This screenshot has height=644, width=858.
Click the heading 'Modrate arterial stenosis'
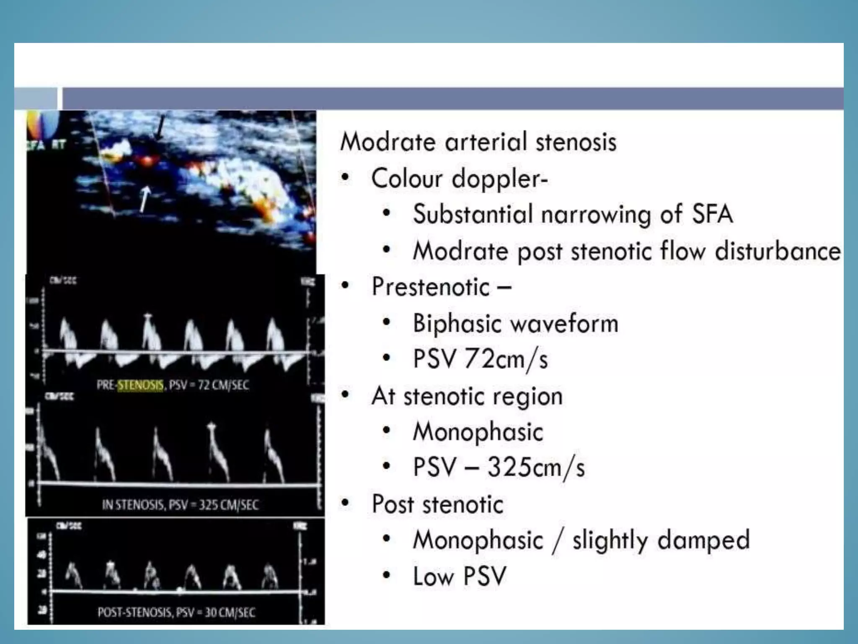pos(478,142)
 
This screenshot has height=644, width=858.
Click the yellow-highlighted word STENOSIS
pos(140,385)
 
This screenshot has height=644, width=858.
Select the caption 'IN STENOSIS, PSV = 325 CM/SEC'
pos(180,505)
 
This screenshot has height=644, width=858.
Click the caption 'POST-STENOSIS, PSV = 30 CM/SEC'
pos(176,613)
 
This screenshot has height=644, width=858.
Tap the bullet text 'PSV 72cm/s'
pos(480,359)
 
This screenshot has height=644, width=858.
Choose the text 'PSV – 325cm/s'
pos(499,467)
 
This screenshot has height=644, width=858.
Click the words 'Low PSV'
pos(460,576)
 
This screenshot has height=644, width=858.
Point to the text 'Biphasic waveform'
pos(515,323)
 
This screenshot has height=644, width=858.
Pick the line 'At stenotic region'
pos(467,396)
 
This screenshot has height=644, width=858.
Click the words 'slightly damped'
pos(661,540)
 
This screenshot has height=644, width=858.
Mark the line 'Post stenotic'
pos(437,504)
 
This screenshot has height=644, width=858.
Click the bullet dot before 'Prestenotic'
pos(345,286)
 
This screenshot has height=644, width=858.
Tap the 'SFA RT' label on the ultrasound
pos(46,145)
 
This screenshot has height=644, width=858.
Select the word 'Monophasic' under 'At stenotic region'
pos(478,432)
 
